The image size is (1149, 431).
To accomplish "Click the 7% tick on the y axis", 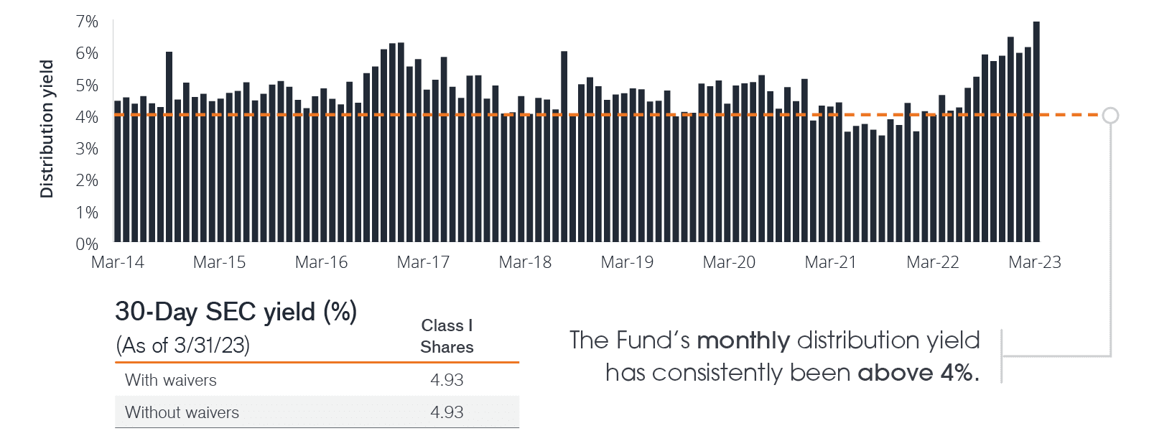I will (x=87, y=22).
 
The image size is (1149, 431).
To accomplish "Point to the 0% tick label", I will (x=87, y=244).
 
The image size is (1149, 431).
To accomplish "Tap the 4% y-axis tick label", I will (x=87, y=117).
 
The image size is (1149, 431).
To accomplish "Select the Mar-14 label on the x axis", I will (x=118, y=262).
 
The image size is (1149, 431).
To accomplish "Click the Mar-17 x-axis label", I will (x=423, y=262).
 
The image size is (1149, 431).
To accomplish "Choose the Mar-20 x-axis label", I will (x=729, y=262).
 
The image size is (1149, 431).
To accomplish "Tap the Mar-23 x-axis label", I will (x=1035, y=262).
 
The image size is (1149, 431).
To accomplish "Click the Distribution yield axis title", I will (x=47, y=129).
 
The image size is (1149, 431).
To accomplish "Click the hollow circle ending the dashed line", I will (x=1110, y=115).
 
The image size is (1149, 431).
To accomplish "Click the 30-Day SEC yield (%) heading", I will (x=236, y=312).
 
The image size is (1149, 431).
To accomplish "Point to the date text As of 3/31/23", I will (x=183, y=346).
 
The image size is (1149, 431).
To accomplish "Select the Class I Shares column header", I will (x=447, y=336).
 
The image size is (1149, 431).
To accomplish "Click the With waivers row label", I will (x=171, y=380).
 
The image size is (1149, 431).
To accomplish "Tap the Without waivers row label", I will (x=182, y=412).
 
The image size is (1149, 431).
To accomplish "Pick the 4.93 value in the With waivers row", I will (x=447, y=380).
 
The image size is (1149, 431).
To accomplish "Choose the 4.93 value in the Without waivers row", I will (x=447, y=412).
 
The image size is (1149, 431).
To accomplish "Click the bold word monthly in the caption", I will (x=743, y=340).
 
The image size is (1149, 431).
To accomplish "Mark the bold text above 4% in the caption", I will (x=917, y=373).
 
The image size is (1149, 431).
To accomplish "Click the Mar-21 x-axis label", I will (x=831, y=262).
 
